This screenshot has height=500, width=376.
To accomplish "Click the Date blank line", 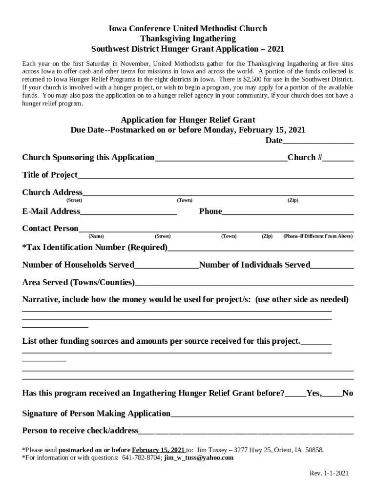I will [318, 142].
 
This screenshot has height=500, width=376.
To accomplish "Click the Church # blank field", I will [338, 158].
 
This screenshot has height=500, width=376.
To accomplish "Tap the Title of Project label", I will [50, 175].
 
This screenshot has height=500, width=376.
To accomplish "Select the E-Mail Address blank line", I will [128, 212].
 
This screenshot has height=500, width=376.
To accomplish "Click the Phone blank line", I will [288, 212].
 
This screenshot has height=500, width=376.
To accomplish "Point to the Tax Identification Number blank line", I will [260, 248].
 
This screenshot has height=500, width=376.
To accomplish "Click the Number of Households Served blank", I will [167, 266].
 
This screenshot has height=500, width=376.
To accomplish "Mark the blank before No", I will [332, 394].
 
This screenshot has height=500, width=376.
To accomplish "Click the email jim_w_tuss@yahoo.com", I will [199, 458].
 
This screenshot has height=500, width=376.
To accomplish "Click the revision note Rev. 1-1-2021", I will [329, 473].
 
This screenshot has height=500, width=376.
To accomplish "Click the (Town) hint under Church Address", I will [185, 200].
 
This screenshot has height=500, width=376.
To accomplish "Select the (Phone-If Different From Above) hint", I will [317, 236].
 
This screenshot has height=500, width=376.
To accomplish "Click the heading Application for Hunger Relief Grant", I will [188, 120].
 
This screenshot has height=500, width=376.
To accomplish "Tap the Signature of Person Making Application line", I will [262, 415].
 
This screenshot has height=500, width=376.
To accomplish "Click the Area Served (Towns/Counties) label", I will [78, 283].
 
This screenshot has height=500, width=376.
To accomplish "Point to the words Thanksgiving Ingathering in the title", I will [188, 39].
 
